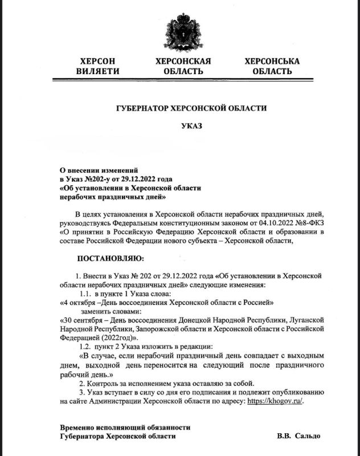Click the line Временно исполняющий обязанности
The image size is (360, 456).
coord(125,427)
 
